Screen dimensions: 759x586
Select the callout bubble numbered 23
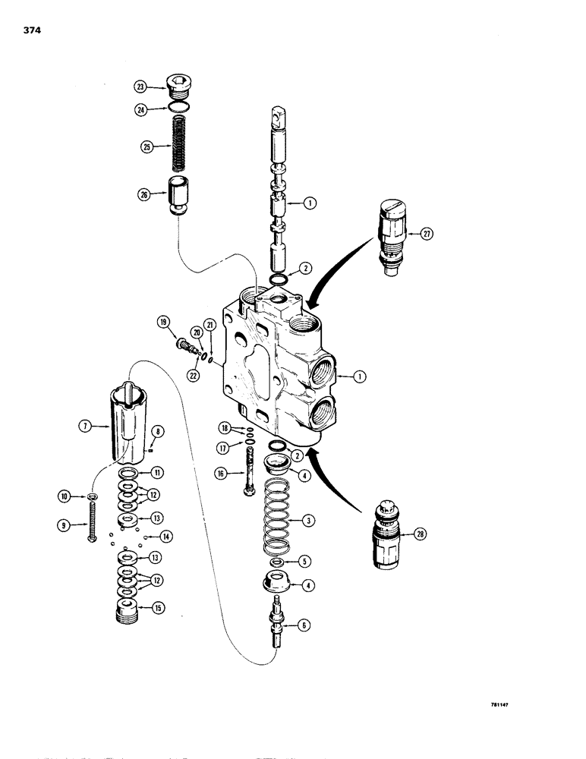click(140, 87)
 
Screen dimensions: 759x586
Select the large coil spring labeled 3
click(278, 523)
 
